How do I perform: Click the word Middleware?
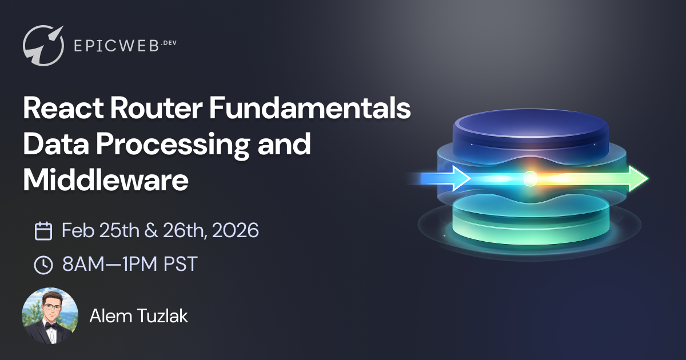(x=106, y=180)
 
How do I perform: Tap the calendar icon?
(x=43, y=231)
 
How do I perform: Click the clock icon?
(x=43, y=264)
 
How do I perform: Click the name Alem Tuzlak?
(x=138, y=316)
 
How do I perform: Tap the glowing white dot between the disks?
(x=530, y=179)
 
